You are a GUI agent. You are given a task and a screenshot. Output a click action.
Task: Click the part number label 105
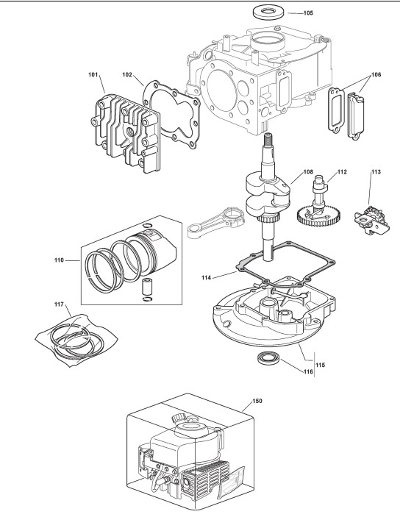(x=308, y=13)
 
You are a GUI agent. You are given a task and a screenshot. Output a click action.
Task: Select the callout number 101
(x=93, y=75)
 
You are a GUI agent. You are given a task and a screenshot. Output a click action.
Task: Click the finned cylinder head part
(x=126, y=133)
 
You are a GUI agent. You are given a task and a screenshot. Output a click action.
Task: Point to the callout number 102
(x=127, y=75)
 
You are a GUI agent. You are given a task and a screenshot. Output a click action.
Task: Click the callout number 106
(x=376, y=74)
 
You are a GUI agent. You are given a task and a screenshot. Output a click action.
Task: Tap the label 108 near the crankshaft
(x=308, y=172)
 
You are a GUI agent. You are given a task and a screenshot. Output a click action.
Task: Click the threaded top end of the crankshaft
(x=268, y=139)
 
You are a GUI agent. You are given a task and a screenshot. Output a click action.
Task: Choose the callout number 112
(x=342, y=172)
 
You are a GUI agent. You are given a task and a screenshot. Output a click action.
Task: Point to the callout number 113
(x=376, y=172)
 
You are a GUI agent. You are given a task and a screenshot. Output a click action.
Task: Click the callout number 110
(x=59, y=260)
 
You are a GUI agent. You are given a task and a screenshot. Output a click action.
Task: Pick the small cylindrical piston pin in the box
(x=146, y=288)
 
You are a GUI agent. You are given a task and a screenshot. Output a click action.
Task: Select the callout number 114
(x=206, y=278)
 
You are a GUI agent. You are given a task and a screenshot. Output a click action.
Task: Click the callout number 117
(x=59, y=304)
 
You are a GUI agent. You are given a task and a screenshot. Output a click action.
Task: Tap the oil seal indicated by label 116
(x=269, y=358)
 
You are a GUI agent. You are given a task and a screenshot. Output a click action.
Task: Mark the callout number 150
(x=257, y=401)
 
